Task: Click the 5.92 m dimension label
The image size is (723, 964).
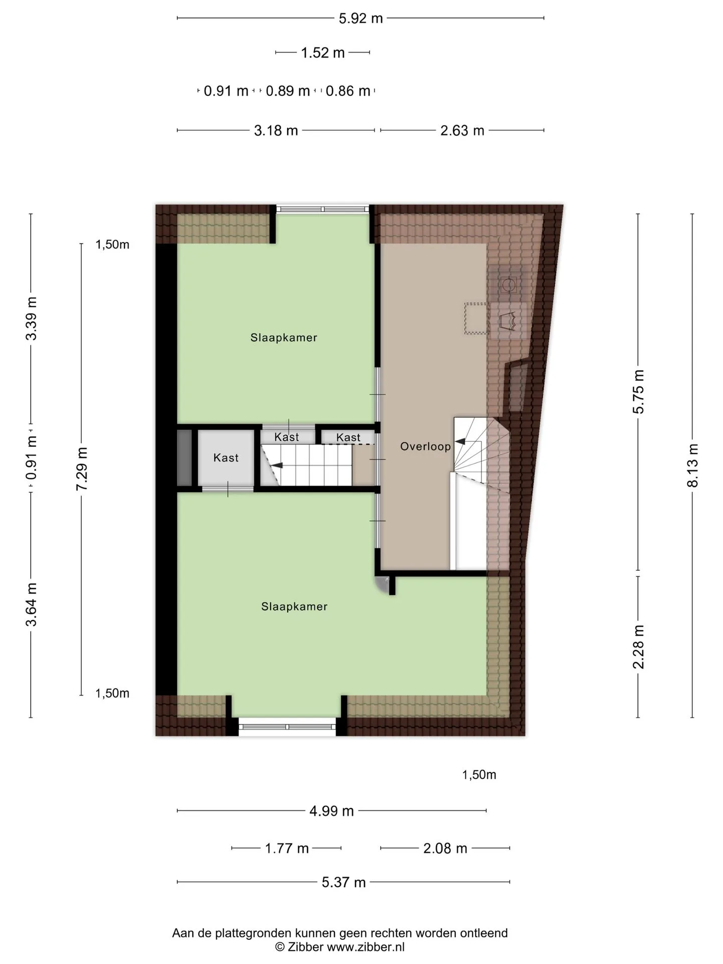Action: tap(360, 19)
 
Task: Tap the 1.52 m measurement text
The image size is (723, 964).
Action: tap(323, 53)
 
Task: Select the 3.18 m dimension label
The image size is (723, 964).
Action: tap(276, 131)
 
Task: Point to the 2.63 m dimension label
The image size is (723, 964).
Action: tap(462, 131)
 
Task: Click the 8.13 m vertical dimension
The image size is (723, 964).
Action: tap(692, 465)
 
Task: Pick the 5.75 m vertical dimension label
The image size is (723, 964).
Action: tap(638, 392)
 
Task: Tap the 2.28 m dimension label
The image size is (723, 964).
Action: tap(638, 647)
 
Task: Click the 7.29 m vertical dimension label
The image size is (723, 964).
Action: tap(81, 469)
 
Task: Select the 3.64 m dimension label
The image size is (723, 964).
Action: tap(31, 604)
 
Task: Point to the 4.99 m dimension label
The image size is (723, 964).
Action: tap(332, 811)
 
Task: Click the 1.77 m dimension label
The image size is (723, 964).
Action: tap(287, 849)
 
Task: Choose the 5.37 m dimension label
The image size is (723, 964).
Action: tap(344, 882)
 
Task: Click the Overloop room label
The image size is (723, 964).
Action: tap(426, 446)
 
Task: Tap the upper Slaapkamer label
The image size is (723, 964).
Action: tap(284, 337)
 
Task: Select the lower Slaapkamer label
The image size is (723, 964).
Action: tap(295, 607)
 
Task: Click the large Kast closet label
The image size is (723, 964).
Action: tap(226, 457)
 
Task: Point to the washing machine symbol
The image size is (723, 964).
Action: tap(509, 285)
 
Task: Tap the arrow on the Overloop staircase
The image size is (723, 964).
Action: tap(459, 442)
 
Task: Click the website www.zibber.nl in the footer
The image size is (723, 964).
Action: tap(366, 947)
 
